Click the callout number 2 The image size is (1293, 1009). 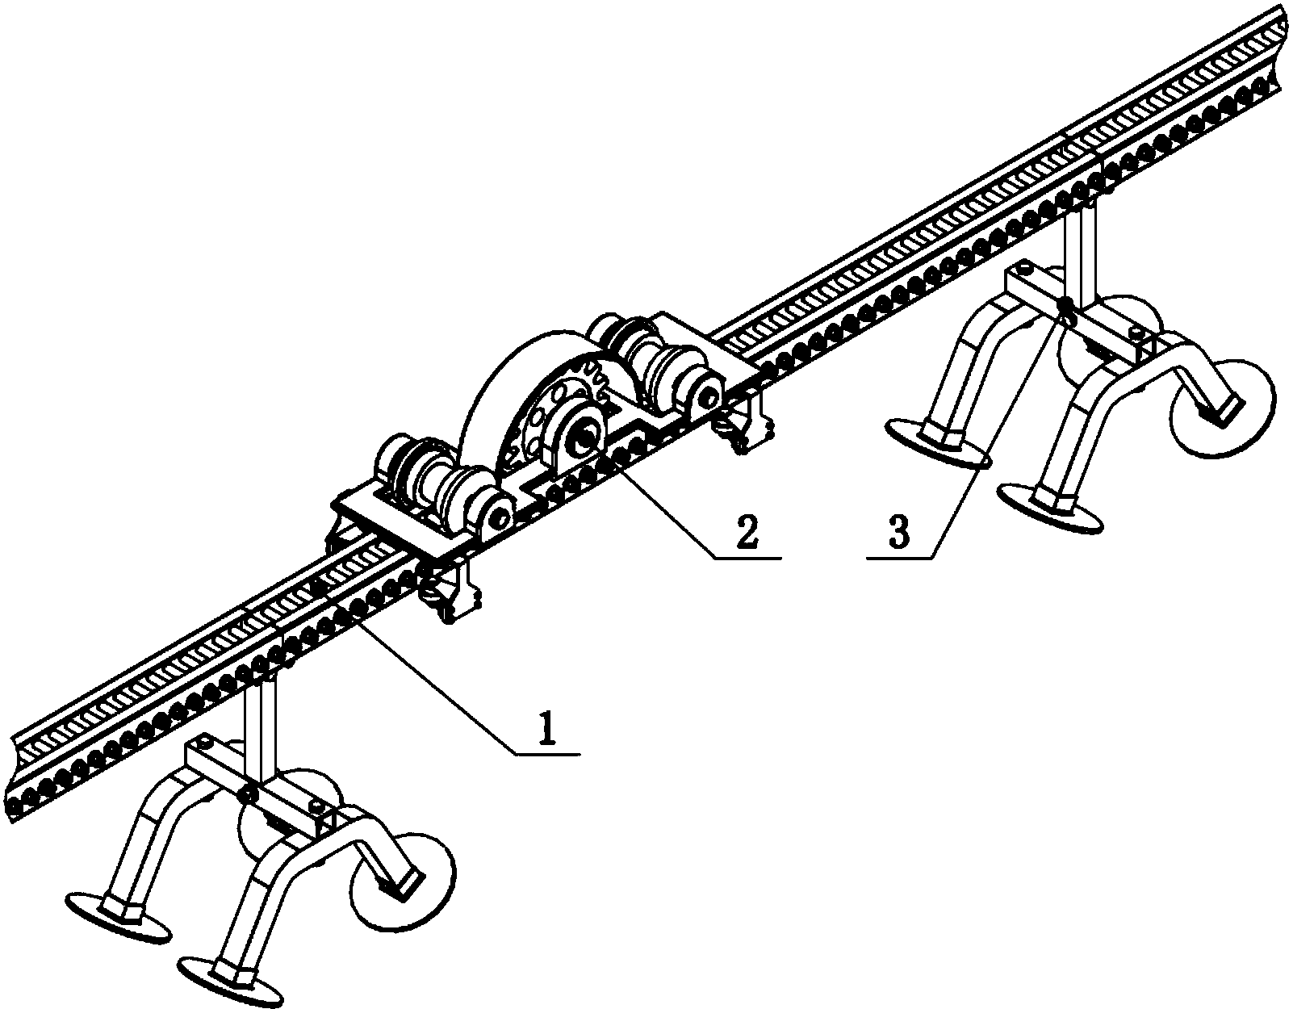(x=747, y=534)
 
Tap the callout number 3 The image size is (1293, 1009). (x=898, y=534)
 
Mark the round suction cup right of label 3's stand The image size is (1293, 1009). (x=1223, y=408)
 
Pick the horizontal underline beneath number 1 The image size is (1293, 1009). (x=547, y=755)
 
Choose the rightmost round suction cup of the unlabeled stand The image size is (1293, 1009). (x=403, y=883)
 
